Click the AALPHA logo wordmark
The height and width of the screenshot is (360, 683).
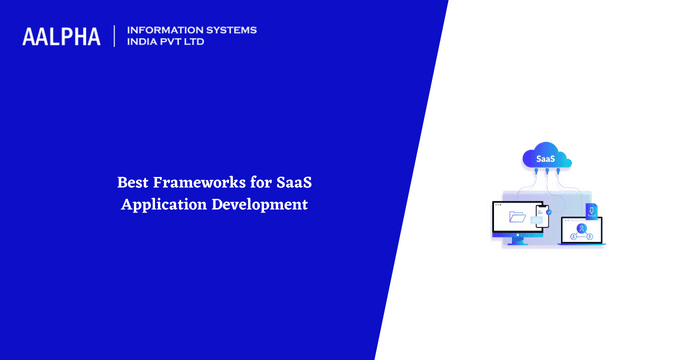click(61, 37)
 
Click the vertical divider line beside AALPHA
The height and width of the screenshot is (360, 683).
click(114, 37)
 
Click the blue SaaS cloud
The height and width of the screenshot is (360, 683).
click(546, 158)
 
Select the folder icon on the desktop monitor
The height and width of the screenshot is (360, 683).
click(517, 216)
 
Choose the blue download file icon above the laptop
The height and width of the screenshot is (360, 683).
click(590, 210)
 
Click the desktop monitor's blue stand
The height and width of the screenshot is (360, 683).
click(517, 240)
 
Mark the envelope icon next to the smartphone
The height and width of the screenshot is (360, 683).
click(537, 221)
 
